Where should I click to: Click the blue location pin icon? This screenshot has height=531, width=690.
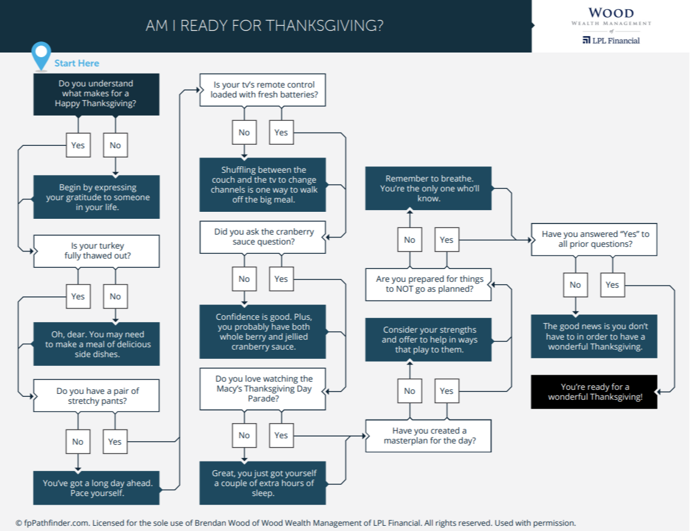(x=40, y=55)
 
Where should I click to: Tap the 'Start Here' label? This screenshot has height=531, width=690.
(x=77, y=63)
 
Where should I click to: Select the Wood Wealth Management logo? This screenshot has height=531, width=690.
(x=611, y=26)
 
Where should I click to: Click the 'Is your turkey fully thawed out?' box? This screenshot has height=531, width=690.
(x=96, y=251)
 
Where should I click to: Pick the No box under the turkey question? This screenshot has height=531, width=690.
(x=115, y=296)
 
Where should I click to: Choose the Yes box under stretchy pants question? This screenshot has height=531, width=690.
(x=115, y=442)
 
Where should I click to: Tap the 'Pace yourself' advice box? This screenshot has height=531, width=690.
(x=96, y=488)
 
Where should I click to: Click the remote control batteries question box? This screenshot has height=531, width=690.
(x=262, y=90)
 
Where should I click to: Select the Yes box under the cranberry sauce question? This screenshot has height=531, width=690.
(x=281, y=279)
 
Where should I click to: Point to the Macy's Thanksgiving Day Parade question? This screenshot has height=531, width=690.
(x=262, y=389)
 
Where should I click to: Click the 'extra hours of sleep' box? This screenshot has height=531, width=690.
(x=262, y=483)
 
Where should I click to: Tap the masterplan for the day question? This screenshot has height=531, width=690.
(x=429, y=435)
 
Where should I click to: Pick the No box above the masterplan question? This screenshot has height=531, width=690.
(x=409, y=391)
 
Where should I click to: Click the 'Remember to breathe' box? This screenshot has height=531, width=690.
(x=429, y=188)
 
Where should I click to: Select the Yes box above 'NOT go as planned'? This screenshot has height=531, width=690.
(x=446, y=240)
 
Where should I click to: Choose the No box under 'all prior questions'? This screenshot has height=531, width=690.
(x=575, y=285)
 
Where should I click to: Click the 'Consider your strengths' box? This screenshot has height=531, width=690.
(x=429, y=340)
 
